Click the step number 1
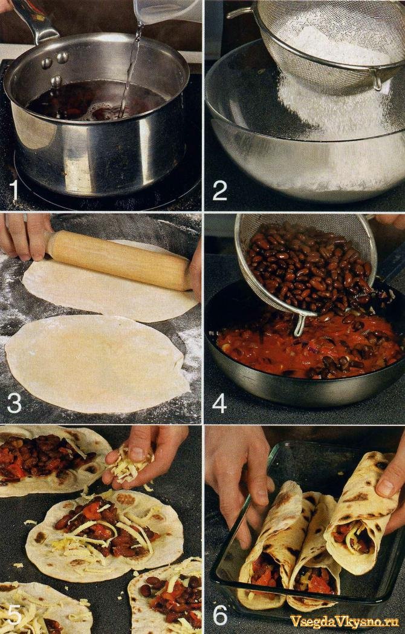point(15,189)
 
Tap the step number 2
point(220,190)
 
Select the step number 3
point(14,402)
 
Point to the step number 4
point(219,403)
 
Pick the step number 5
point(15,615)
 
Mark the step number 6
point(220,615)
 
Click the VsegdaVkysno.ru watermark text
point(345,620)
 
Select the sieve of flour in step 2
point(328,45)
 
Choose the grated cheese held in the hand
point(129,465)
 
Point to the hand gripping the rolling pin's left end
point(24,236)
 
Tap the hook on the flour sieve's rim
point(378,81)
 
